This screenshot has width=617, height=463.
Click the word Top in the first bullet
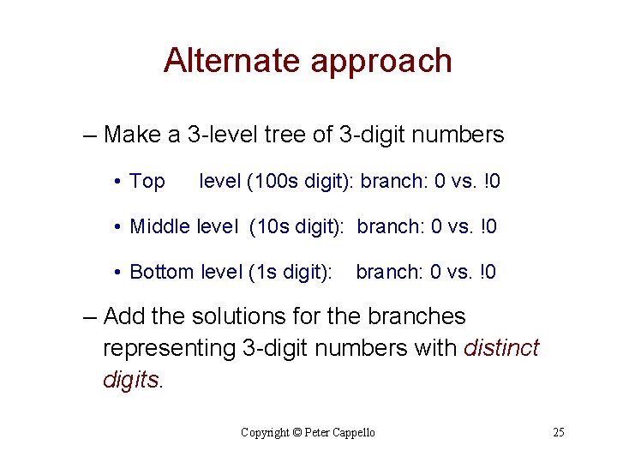(x=147, y=182)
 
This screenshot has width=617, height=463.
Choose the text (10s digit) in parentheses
(x=297, y=227)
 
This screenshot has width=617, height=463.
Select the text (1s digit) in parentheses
(x=290, y=273)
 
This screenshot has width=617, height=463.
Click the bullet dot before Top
(x=116, y=182)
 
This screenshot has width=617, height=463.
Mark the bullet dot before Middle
(x=116, y=227)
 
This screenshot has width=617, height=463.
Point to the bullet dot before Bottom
(x=116, y=273)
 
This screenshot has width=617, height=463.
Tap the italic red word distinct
(x=501, y=348)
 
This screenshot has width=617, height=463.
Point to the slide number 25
(x=559, y=432)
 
